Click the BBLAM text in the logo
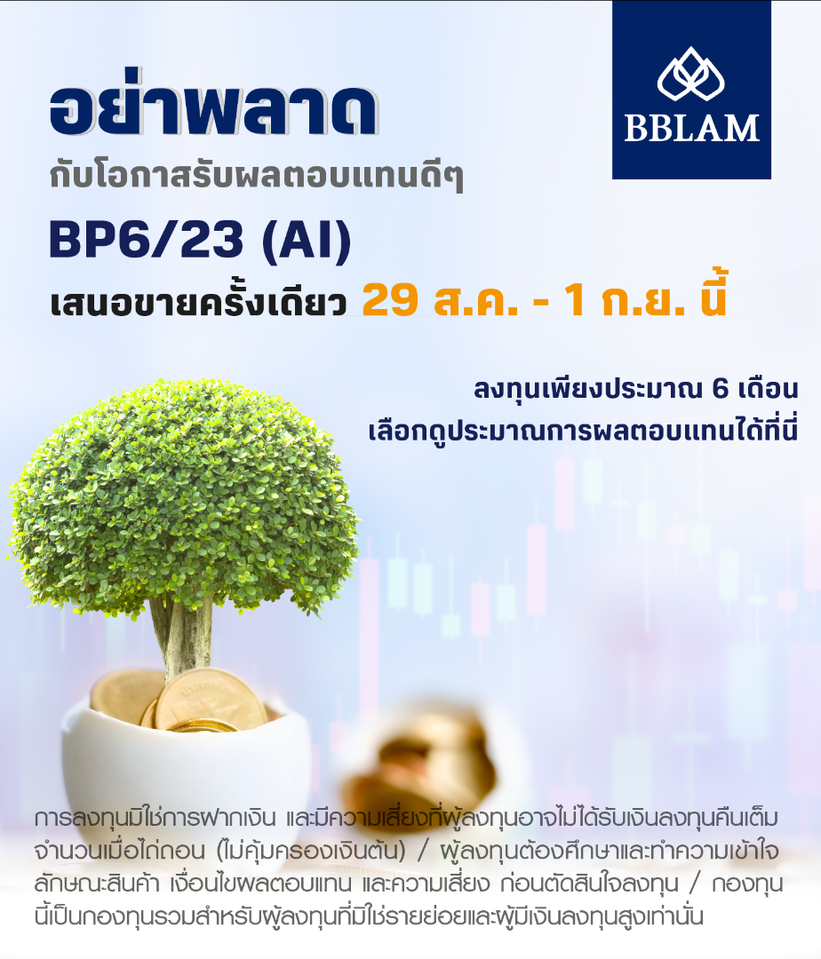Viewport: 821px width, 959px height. (x=691, y=127)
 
